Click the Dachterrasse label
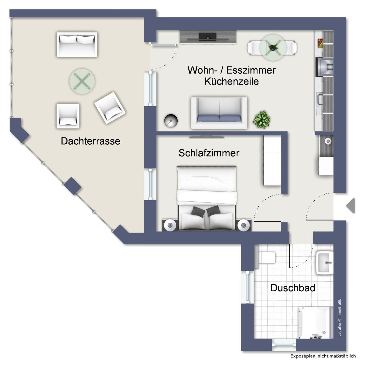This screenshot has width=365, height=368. [90, 141]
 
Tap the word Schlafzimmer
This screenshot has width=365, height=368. [209, 153]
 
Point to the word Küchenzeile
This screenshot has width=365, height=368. [232, 81]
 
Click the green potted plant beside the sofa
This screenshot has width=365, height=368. [261, 120]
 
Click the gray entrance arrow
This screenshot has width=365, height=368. [351, 206]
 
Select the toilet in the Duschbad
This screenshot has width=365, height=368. [267, 258]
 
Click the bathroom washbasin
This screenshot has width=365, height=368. [325, 263]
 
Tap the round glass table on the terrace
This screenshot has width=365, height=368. [82, 81]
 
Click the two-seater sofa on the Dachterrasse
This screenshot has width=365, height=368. [77, 45]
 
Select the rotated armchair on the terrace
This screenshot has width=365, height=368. [110, 108]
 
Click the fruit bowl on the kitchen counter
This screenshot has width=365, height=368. [320, 43]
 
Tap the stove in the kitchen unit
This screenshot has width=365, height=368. [324, 67]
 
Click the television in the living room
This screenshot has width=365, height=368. [208, 37]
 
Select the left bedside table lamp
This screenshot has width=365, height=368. [169, 226]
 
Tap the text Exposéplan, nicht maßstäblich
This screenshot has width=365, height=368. [323, 356]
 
